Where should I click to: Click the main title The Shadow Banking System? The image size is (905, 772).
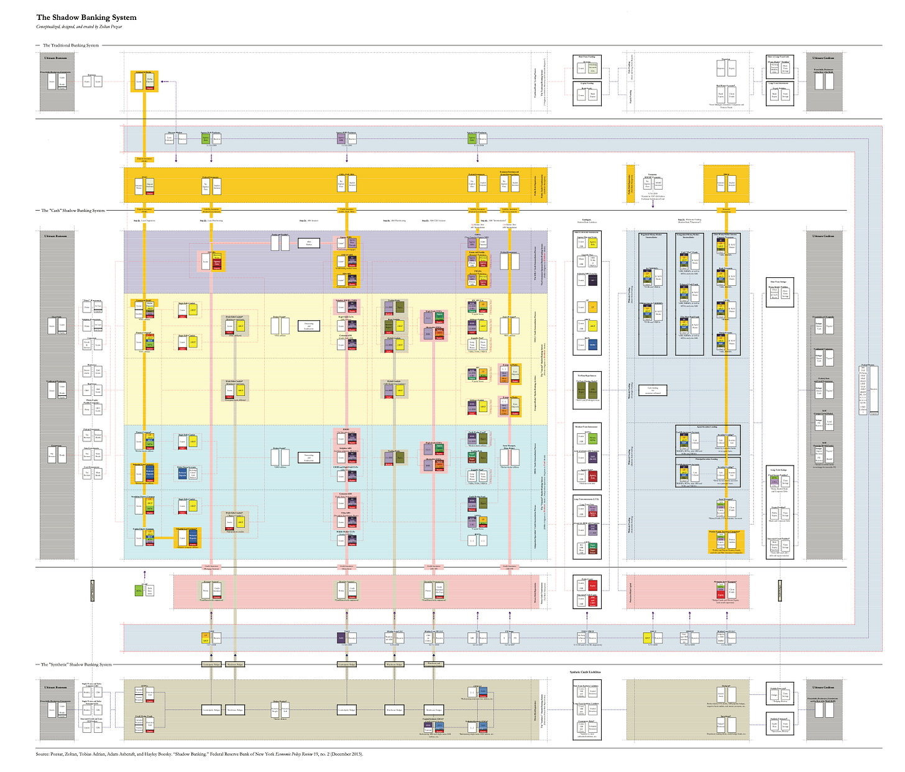point(86,17)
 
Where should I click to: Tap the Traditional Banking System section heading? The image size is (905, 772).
point(70,45)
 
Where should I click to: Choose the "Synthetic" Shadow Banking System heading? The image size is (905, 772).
point(76,664)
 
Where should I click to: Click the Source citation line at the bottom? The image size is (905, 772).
point(199,754)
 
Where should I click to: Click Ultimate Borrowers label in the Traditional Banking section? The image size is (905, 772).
point(55,58)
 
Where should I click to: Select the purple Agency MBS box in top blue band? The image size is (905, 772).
point(341,140)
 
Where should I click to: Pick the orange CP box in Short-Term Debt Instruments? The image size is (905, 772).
point(592,307)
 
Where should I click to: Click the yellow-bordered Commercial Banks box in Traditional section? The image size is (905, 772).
point(145,81)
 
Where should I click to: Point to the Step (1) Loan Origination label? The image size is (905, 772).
point(144,221)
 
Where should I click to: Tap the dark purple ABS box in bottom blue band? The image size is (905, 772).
point(341,638)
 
